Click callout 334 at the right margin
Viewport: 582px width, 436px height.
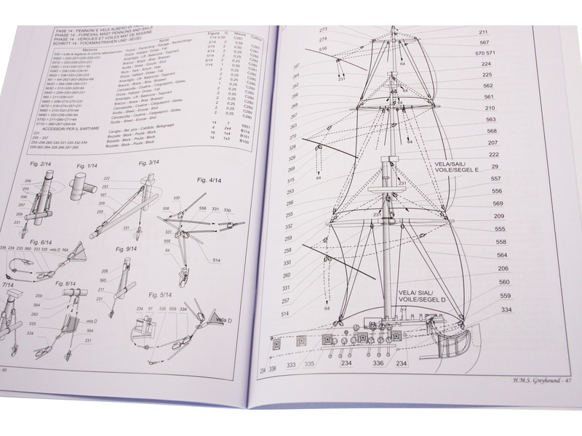[x=506, y=309]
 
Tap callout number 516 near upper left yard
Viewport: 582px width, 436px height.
[x=324, y=49]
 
